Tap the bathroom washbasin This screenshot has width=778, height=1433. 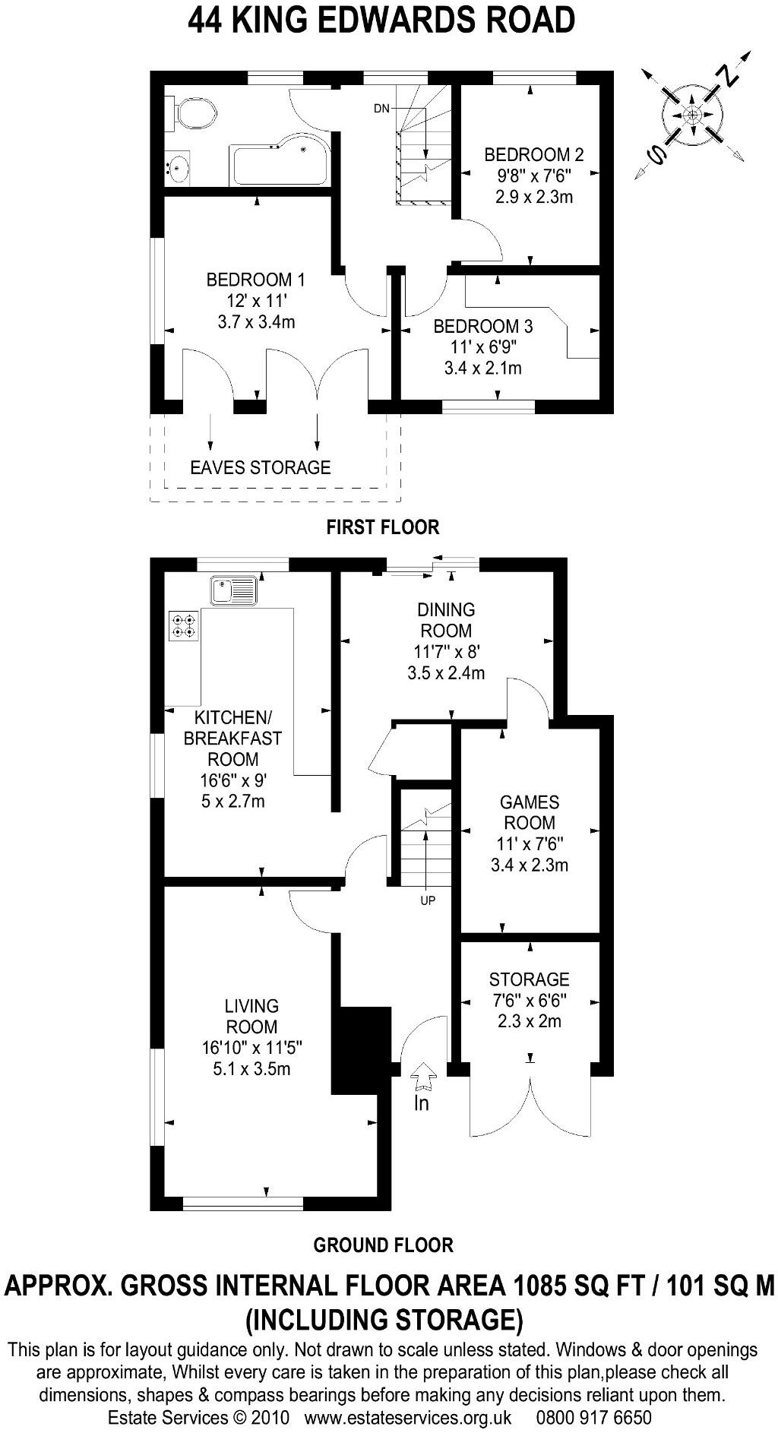tap(179, 166)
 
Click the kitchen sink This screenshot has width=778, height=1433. tap(235, 590)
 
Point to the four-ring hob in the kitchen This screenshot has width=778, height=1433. tap(184, 625)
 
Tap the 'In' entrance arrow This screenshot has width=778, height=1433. tap(423, 1077)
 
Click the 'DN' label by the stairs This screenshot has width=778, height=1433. tap(381, 109)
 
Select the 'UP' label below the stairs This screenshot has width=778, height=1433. tap(428, 901)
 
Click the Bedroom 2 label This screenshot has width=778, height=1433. tap(534, 155)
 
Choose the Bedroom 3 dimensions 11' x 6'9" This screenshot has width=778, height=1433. tap(483, 348)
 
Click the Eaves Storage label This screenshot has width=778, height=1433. tap(261, 467)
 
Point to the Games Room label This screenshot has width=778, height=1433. tap(530, 812)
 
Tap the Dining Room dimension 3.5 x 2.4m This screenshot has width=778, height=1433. tap(446, 672)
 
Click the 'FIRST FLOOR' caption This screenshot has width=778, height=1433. tap(383, 527)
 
